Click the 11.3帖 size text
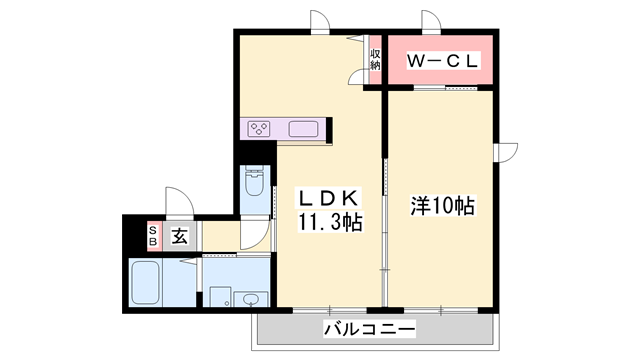coord(328,222)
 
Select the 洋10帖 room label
coord(442,207)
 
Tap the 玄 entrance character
coord(178,237)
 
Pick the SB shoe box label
coord(153,237)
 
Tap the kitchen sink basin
coord(303,128)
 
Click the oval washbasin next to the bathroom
coord(250,299)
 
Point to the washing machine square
coord(219,298)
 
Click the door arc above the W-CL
coord(431,23)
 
